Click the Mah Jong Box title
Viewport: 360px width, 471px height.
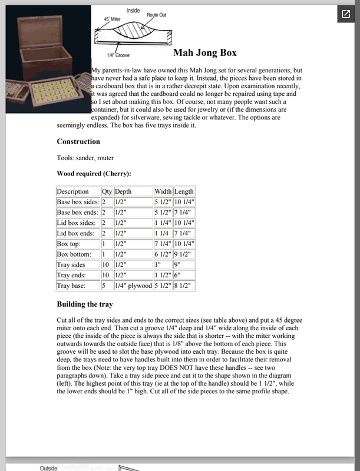(x=205, y=53)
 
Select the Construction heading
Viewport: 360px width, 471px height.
(x=78, y=142)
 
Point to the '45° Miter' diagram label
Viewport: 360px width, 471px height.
(x=106, y=19)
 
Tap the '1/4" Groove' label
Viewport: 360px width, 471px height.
(x=118, y=55)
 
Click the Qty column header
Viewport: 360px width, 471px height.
(x=107, y=191)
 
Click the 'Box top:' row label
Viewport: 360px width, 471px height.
(x=71, y=243)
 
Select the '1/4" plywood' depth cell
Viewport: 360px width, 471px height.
(x=133, y=286)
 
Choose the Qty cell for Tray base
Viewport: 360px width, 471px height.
(x=104, y=286)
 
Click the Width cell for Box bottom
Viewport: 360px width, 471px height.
(x=163, y=254)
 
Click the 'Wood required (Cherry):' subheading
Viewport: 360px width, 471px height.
(x=94, y=174)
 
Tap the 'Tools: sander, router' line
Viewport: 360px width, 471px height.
(x=85, y=158)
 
